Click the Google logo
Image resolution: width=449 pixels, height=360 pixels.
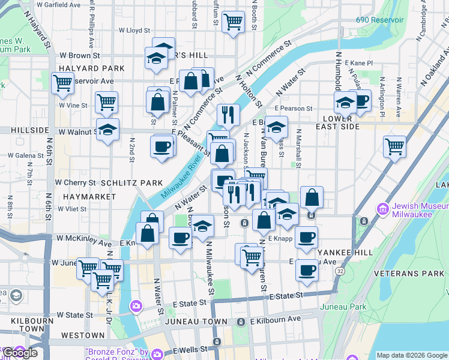pyautogui.click(x=20, y=353)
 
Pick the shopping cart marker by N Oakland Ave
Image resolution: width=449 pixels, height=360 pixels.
pyautogui.click(x=394, y=145)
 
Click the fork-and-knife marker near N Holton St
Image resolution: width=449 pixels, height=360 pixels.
pyautogui.click(x=228, y=114)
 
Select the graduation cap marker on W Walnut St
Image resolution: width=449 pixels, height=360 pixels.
pyautogui.click(x=107, y=130)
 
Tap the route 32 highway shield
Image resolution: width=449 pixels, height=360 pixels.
pyautogui.click(x=340, y=271)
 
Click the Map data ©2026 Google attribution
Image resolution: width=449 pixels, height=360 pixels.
pyautogui.click(x=411, y=355)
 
